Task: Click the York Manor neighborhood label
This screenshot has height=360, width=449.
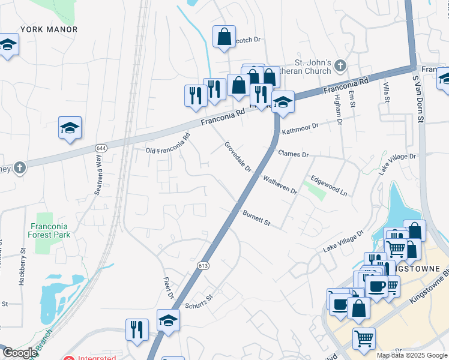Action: point(49,29)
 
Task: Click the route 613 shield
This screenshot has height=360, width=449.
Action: point(203,265)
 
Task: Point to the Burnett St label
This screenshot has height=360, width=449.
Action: point(257,218)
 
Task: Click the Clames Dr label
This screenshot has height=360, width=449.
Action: point(294,154)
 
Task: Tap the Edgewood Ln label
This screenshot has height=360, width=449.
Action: point(328,185)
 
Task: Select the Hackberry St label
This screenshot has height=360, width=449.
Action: point(22,266)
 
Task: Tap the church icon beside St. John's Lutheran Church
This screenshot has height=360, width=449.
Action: point(340,64)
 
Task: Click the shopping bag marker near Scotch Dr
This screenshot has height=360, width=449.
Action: point(224,37)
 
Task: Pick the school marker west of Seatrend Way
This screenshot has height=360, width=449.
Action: point(70,128)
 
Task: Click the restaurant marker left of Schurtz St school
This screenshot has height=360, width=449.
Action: point(137,329)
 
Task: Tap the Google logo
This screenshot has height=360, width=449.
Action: point(19,353)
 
